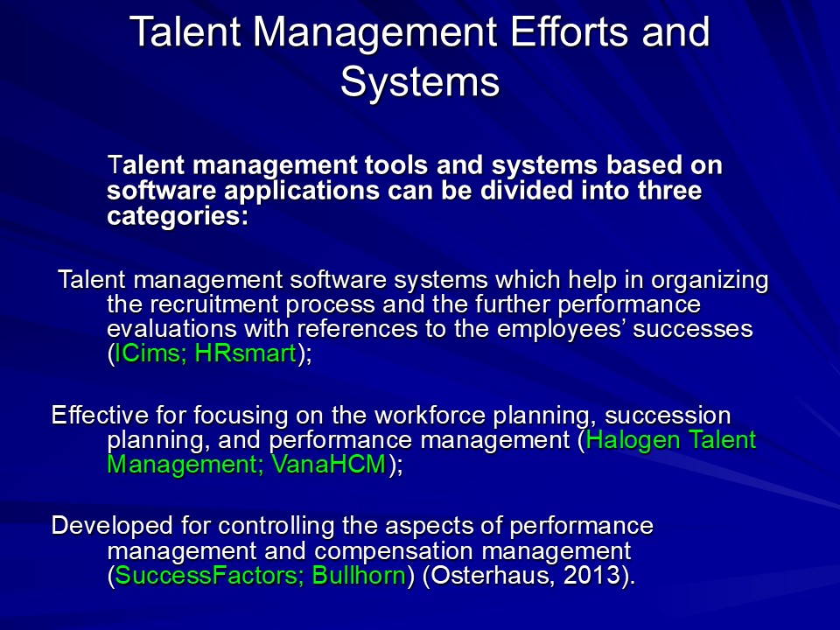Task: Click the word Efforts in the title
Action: tap(570, 31)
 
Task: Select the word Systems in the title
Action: tap(420, 82)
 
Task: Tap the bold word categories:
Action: tap(178, 216)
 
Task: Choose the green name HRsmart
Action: tap(245, 353)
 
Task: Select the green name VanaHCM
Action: tap(328, 464)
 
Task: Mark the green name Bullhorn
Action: tap(359, 576)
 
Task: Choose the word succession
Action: tap(668, 415)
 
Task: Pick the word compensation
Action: tap(394, 551)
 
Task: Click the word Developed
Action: tap(112, 526)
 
